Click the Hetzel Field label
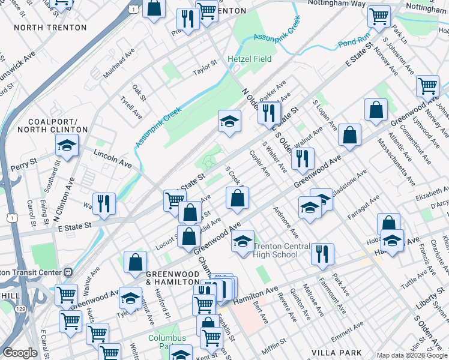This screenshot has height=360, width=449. point(249,59)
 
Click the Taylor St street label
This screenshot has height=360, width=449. point(204,63)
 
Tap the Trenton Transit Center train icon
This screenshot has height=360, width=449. point(68,272)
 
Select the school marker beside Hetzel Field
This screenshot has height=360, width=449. point(229,121)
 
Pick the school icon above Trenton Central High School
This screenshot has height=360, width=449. point(243,241)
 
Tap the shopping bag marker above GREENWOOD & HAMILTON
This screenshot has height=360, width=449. point(135,261)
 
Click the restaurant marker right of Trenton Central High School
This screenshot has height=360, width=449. point(322,253)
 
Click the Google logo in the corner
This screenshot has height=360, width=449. point(20,353)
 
